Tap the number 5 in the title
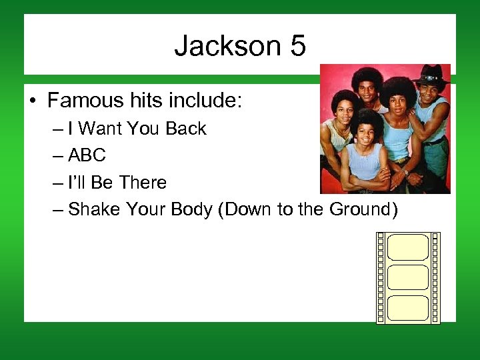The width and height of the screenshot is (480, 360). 297,47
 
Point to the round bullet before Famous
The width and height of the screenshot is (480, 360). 33,102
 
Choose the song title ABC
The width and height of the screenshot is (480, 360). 87,156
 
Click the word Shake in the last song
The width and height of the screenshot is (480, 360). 93,209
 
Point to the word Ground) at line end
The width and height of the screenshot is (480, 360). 363,209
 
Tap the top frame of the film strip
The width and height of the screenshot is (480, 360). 407,247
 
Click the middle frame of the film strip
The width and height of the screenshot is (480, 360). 407,277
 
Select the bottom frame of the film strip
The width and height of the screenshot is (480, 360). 407,307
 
